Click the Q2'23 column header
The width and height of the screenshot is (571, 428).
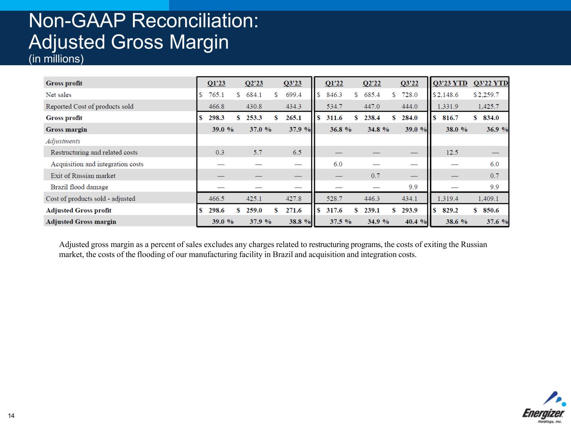[254, 83]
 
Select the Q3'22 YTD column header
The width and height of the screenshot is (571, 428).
[491, 83]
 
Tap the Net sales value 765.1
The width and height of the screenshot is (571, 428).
[216, 95]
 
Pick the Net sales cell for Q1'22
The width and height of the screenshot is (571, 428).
[334, 95]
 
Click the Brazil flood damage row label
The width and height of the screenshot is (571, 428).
[79, 187]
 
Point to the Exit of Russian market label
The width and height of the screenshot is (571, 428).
[83, 176]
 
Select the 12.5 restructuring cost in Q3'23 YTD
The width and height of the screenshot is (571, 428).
[452, 153]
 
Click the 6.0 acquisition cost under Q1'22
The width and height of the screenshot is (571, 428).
[338, 164]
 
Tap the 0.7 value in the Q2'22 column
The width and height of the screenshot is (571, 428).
[375, 176]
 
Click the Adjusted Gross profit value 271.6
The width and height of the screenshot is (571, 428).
[293, 210]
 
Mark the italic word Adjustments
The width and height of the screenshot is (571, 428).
[63, 141]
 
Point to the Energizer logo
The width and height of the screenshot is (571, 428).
[543, 408]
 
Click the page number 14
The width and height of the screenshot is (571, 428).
[11, 415]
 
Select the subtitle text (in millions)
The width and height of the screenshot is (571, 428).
[56, 59]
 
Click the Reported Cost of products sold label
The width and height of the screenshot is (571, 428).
[90, 107]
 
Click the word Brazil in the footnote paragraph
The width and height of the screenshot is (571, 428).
[283, 254]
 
